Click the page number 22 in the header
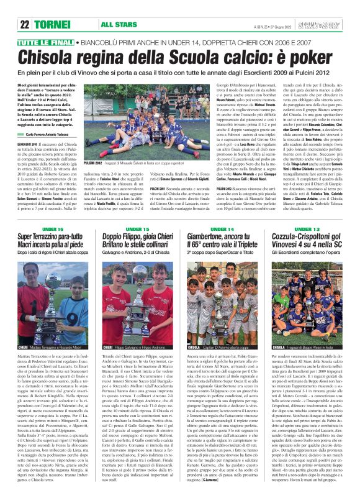click(x=25, y=24)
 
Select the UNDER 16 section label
click(x=53, y=229)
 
